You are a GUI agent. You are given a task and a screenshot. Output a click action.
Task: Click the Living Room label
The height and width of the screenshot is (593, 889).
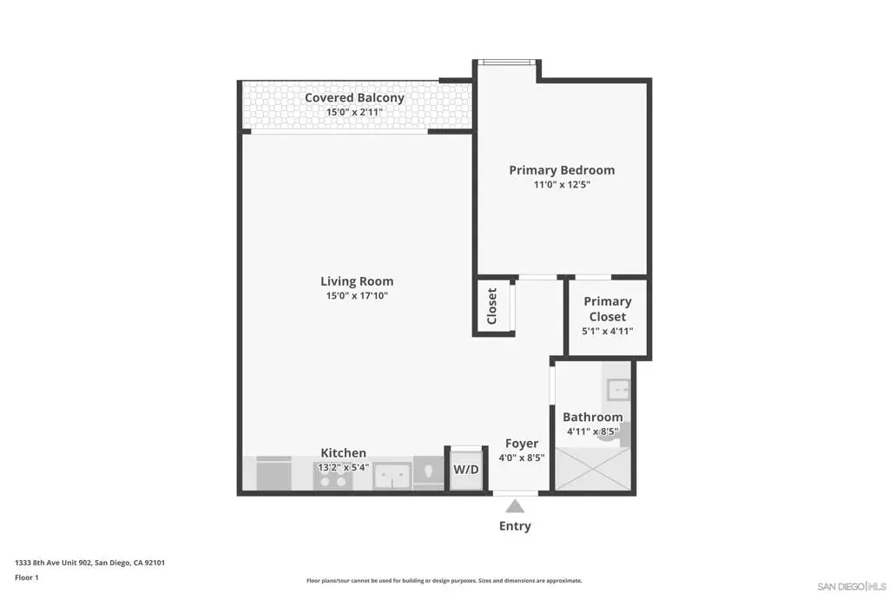click(357, 281)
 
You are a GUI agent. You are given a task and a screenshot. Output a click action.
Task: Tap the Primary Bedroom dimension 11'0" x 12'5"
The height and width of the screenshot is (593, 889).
click(562, 184)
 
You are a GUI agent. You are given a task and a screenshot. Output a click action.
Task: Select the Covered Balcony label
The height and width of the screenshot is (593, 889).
click(354, 97)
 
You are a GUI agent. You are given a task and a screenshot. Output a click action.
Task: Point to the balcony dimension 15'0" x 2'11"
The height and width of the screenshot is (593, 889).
click(354, 112)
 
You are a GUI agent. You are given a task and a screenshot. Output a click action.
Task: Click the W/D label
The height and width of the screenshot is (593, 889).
click(466, 470)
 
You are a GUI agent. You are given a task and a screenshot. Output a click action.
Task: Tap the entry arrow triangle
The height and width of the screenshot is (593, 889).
click(515, 505)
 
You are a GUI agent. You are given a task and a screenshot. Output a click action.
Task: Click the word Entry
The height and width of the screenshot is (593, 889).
click(515, 526)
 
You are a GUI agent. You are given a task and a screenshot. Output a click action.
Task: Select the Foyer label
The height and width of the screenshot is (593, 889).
click(522, 444)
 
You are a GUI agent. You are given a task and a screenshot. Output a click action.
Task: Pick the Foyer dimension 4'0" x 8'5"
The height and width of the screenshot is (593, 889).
click(522, 458)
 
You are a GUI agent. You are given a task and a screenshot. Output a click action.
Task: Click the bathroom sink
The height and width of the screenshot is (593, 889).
click(618, 390)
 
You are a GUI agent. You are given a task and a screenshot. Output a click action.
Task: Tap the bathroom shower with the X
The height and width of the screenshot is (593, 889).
click(592, 469)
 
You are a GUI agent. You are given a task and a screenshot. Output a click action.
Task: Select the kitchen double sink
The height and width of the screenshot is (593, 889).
click(392, 475)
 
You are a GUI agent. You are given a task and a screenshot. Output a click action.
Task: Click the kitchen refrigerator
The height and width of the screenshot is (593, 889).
click(273, 474)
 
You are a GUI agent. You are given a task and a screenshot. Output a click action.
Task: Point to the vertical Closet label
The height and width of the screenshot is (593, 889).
click(491, 306)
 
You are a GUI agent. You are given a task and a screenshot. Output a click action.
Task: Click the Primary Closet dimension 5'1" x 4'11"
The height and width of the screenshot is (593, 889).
click(607, 331)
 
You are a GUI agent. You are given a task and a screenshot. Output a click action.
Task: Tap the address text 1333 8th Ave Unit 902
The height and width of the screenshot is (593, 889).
click(53, 563)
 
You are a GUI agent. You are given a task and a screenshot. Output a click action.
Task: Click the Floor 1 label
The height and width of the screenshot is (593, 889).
click(27, 577)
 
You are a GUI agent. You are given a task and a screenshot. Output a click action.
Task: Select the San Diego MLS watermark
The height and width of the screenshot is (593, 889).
click(851, 586)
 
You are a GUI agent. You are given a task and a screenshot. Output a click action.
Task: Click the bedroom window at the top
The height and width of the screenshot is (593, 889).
click(507, 63)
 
